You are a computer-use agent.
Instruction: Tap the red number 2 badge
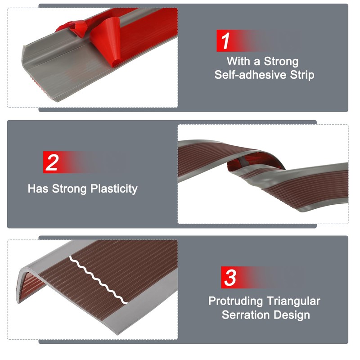point(52,162)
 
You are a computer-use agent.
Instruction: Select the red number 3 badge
point(230,278)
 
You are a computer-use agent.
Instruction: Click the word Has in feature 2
point(38,188)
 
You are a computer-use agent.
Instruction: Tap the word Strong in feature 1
point(281,61)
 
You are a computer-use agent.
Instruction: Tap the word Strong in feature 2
point(69,188)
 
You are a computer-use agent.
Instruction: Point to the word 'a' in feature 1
point(257,61)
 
